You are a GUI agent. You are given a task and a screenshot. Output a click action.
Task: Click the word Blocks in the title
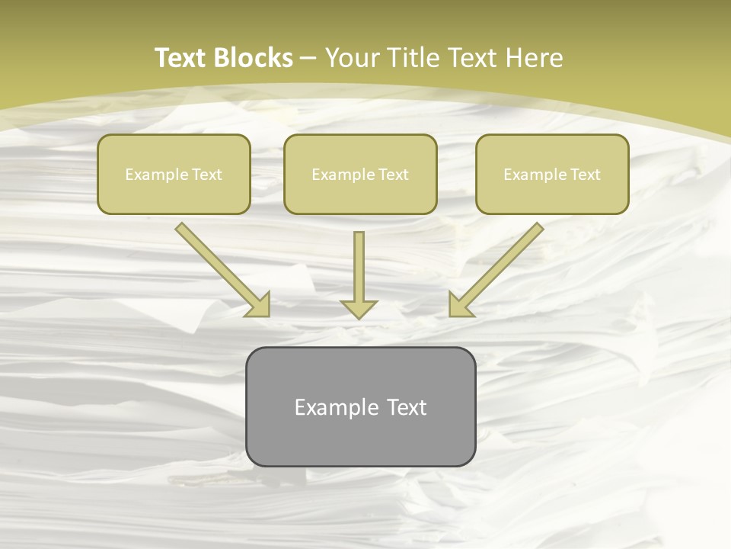point(254,58)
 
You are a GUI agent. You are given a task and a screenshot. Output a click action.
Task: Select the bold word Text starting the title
point(183,58)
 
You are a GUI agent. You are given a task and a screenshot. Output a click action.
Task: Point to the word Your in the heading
point(353,58)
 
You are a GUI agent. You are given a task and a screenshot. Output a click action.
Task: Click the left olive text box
point(174,174)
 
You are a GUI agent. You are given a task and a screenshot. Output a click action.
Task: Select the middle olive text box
point(360,174)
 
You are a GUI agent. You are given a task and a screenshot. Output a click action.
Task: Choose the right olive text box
point(552,174)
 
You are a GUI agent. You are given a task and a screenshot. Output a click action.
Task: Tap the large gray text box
point(360,406)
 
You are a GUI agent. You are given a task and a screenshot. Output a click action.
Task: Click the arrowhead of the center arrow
point(359,308)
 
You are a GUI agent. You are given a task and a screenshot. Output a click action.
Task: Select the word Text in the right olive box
point(585,175)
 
